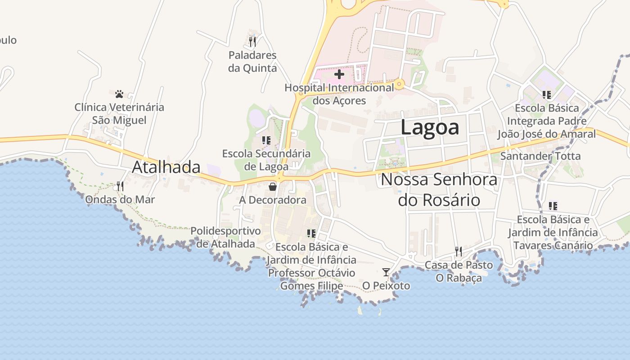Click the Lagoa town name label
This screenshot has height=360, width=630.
click(430, 127)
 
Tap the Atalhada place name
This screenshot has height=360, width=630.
click(166, 167)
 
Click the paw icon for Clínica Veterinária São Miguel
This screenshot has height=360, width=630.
click(119, 94)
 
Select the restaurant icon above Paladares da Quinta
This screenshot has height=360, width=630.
click(252, 42)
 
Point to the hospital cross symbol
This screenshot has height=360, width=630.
click(339, 74)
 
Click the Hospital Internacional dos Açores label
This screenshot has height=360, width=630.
click(339, 94)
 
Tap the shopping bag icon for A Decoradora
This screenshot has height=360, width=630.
click(273, 187)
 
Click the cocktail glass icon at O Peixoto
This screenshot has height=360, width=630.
click(386, 272)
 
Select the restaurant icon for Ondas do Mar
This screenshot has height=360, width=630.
click(120, 186)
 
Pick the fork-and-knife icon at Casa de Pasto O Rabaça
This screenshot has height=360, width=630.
click(459, 251)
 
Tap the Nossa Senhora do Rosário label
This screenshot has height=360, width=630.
click(439, 189)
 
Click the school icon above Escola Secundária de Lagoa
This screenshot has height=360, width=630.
click(266, 140)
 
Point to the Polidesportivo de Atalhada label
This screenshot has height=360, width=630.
click(225, 237)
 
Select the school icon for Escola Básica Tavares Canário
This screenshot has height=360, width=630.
click(553, 206)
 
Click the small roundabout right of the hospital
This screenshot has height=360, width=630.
click(399, 84)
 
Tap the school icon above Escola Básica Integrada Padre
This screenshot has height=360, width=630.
click(547, 94)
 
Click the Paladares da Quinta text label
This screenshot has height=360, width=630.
click(252, 62)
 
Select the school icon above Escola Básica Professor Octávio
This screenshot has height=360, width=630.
click(311, 233)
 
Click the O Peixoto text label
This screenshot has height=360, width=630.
click(386, 286)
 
